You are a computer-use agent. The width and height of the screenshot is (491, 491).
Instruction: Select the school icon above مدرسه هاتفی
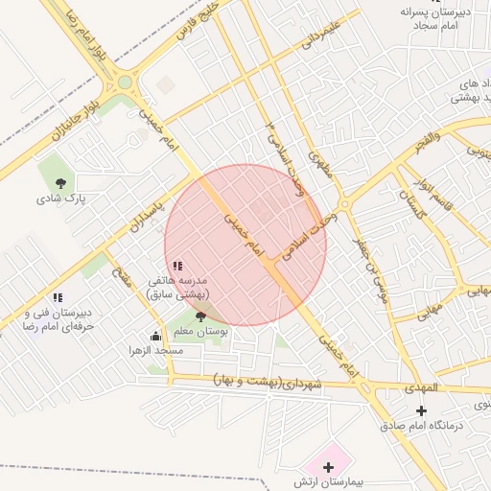pos(177,266)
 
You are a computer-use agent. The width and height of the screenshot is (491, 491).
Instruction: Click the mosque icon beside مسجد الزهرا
pos(156,336)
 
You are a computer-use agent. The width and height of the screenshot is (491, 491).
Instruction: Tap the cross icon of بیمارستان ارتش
pos(329,467)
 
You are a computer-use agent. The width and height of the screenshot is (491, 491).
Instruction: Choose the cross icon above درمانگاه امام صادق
pos(421,410)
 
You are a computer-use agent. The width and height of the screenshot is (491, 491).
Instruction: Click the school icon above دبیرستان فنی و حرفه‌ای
pos(58,298)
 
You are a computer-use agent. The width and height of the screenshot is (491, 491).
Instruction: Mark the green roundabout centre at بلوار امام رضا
pos(125,82)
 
